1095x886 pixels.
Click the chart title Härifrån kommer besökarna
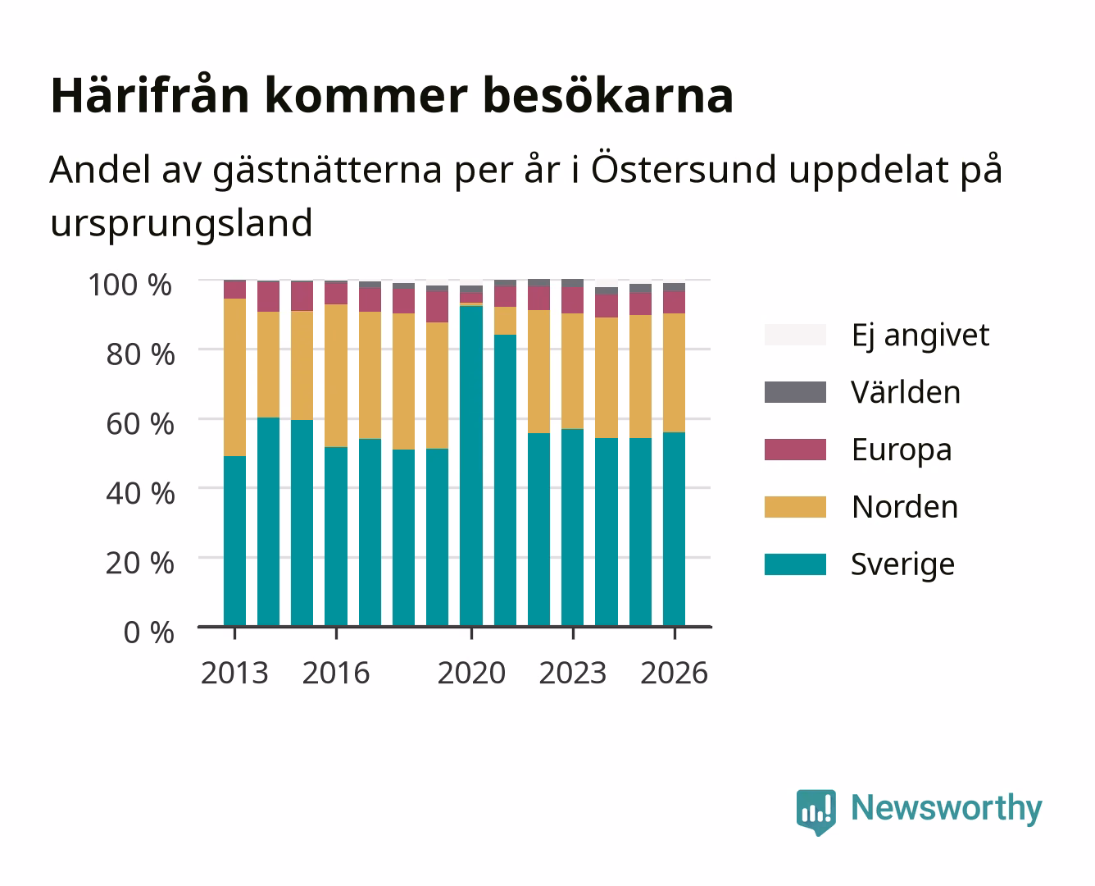(x=392, y=95)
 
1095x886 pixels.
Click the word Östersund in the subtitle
(x=684, y=169)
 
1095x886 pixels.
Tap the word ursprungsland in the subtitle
(x=181, y=224)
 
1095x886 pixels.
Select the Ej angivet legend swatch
(x=795, y=335)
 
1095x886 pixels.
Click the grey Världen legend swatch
(x=795, y=392)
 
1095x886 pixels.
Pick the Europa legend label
(x=902, y=450)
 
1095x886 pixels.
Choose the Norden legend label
(x=905, y=507)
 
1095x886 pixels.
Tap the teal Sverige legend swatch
(x=795, y=564)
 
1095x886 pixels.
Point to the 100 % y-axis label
(x=130, y=285)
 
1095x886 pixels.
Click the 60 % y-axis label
(x=140, y=424)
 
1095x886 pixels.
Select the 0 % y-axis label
(x=148, y=633)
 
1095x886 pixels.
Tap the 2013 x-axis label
(x=234, y=673)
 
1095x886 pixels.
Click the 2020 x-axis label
(x=471, y=673)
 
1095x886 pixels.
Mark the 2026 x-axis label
(x=674, y=673)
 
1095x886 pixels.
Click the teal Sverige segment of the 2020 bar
(x=471, y=466)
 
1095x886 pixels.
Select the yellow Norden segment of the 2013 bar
(x=234, y=377)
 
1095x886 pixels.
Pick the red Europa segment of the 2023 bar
(x=573, y=300)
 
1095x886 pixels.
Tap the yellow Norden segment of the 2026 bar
(x=674, y=372)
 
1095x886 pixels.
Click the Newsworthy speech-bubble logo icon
(x=816, y=812)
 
